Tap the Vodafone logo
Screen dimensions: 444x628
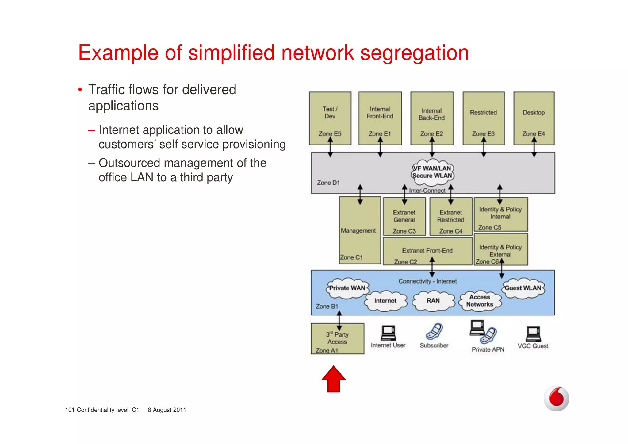[556, 398]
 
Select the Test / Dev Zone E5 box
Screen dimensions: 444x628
[330, 118]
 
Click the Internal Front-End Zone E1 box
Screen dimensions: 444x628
[380, 118]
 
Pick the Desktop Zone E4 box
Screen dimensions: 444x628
[534, 118]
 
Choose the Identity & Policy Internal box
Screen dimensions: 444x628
[500, 214]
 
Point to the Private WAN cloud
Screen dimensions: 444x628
[347, 288]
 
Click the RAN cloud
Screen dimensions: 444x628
[433, 301]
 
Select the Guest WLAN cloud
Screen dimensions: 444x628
[523, 288]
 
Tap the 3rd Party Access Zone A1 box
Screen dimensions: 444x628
[337, 339]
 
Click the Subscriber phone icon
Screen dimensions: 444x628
[434, 331]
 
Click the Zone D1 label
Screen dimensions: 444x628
[328, 183]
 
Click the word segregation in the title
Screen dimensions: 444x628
[414, 53]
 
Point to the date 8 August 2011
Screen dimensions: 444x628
[167, 410]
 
